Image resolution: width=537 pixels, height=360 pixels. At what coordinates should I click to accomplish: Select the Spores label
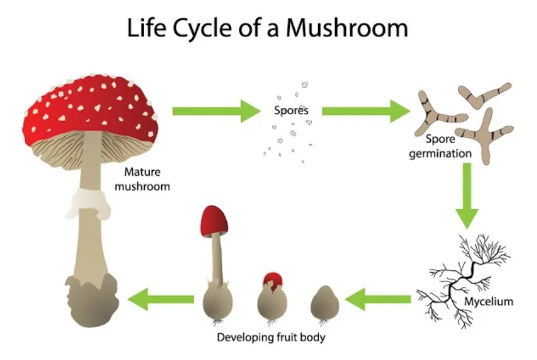tap(291, 111)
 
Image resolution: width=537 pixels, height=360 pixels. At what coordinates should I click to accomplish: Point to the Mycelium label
tap(488, 302)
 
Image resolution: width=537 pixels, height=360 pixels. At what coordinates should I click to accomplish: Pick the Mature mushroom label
tap(147, 178)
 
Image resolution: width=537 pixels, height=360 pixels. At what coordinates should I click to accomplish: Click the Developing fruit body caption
tap(271, 337)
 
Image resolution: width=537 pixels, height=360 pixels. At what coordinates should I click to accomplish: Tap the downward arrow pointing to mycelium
tap(466, 195)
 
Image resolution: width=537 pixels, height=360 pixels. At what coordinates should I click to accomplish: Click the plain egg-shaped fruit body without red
tap(325, 303)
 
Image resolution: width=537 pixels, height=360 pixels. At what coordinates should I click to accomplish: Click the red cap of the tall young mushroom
tap(214, 221)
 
